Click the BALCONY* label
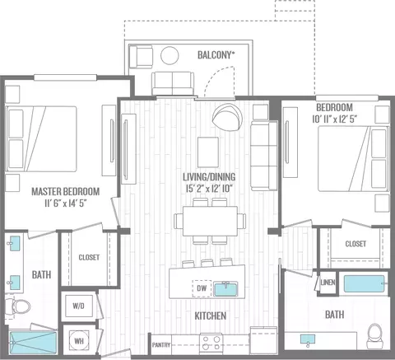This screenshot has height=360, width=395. tap(216, 55)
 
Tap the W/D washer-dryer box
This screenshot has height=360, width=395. tap(79, 306)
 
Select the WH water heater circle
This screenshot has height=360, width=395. tap(79, 341)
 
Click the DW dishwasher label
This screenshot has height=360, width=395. tap(202, 288)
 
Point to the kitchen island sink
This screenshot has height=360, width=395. tap(225, 289)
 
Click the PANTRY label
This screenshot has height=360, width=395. tap(161, 344)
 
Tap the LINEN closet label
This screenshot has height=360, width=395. tap(328, 283)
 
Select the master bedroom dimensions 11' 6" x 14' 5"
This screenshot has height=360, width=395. tap(66, 203)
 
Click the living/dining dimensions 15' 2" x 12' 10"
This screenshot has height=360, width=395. tap(209, 189)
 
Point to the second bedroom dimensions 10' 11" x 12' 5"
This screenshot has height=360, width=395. tap(334, 119)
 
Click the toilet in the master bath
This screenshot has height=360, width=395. tap(17, 306)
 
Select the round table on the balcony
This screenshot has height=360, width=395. tap(170, 55)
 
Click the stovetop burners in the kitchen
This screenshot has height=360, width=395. tap(211, 343)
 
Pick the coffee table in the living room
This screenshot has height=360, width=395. tap(208, 152)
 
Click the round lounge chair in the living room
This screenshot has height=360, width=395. tap(227, 117)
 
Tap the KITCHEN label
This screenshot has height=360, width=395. tap(211, 316)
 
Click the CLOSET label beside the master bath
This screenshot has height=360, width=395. tap(89, 257)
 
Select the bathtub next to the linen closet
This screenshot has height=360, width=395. tap(364, 284)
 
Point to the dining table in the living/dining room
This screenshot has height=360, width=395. tap(210, 221)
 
